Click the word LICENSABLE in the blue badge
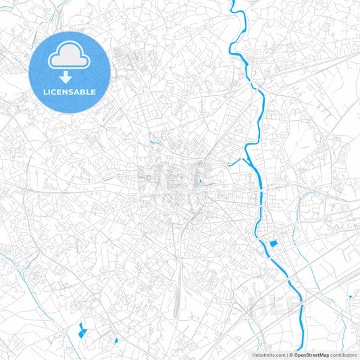coord(70,92)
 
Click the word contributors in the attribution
coord(344,355)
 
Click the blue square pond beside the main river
coord(274,244)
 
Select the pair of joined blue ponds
coord(82,330)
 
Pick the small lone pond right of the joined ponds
coord(115,340)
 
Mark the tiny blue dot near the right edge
coord(351,297)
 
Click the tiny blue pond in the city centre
coord(201,180)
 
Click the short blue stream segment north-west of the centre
coord(155,141)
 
